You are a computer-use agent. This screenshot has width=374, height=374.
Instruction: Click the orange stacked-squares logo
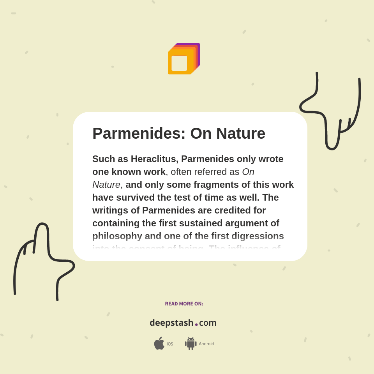[183, 59]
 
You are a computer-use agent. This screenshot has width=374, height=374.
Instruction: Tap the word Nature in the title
[241, 134]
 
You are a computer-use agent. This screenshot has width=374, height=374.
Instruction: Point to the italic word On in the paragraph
[248, 172]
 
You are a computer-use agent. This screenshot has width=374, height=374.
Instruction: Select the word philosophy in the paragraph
[117, 236]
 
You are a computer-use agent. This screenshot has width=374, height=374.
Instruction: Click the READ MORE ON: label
[184, 304]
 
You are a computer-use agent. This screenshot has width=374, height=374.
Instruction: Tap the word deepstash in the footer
[171, 323]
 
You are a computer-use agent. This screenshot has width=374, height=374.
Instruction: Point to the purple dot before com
[196, 324]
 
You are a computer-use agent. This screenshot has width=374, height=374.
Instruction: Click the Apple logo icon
[159, 344]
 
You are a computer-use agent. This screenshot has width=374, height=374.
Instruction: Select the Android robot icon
[191, 344]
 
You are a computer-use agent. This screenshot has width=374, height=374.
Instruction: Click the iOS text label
[170, 344]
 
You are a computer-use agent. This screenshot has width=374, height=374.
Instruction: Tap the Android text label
[206, 344]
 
